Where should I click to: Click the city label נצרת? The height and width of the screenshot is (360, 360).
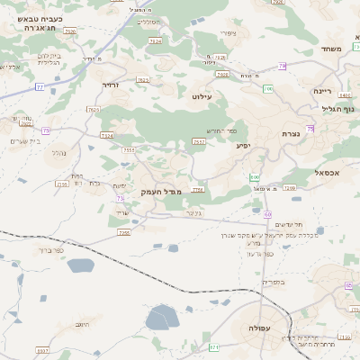coord(291,134)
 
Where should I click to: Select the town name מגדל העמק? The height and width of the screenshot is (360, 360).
coord(161,193)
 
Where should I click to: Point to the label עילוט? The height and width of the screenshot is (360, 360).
coord(202,94)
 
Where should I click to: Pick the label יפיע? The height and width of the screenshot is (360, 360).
coord(243,145)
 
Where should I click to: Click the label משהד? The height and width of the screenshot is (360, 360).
coord(333,49)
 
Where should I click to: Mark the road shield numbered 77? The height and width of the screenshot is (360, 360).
coord(40,87)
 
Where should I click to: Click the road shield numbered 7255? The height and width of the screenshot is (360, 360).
coord(124,233)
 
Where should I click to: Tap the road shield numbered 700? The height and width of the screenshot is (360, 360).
coord(267,89)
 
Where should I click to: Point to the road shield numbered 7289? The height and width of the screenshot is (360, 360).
coord(290,188)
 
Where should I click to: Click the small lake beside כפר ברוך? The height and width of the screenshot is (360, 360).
coord(79,265)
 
